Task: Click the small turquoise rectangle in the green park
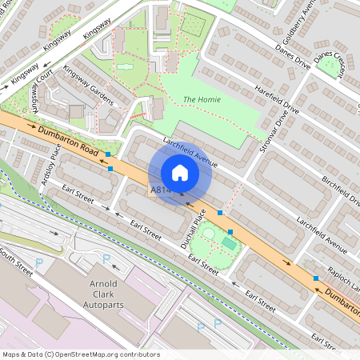229,242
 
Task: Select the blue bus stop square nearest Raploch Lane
316,278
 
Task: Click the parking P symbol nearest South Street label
39,262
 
